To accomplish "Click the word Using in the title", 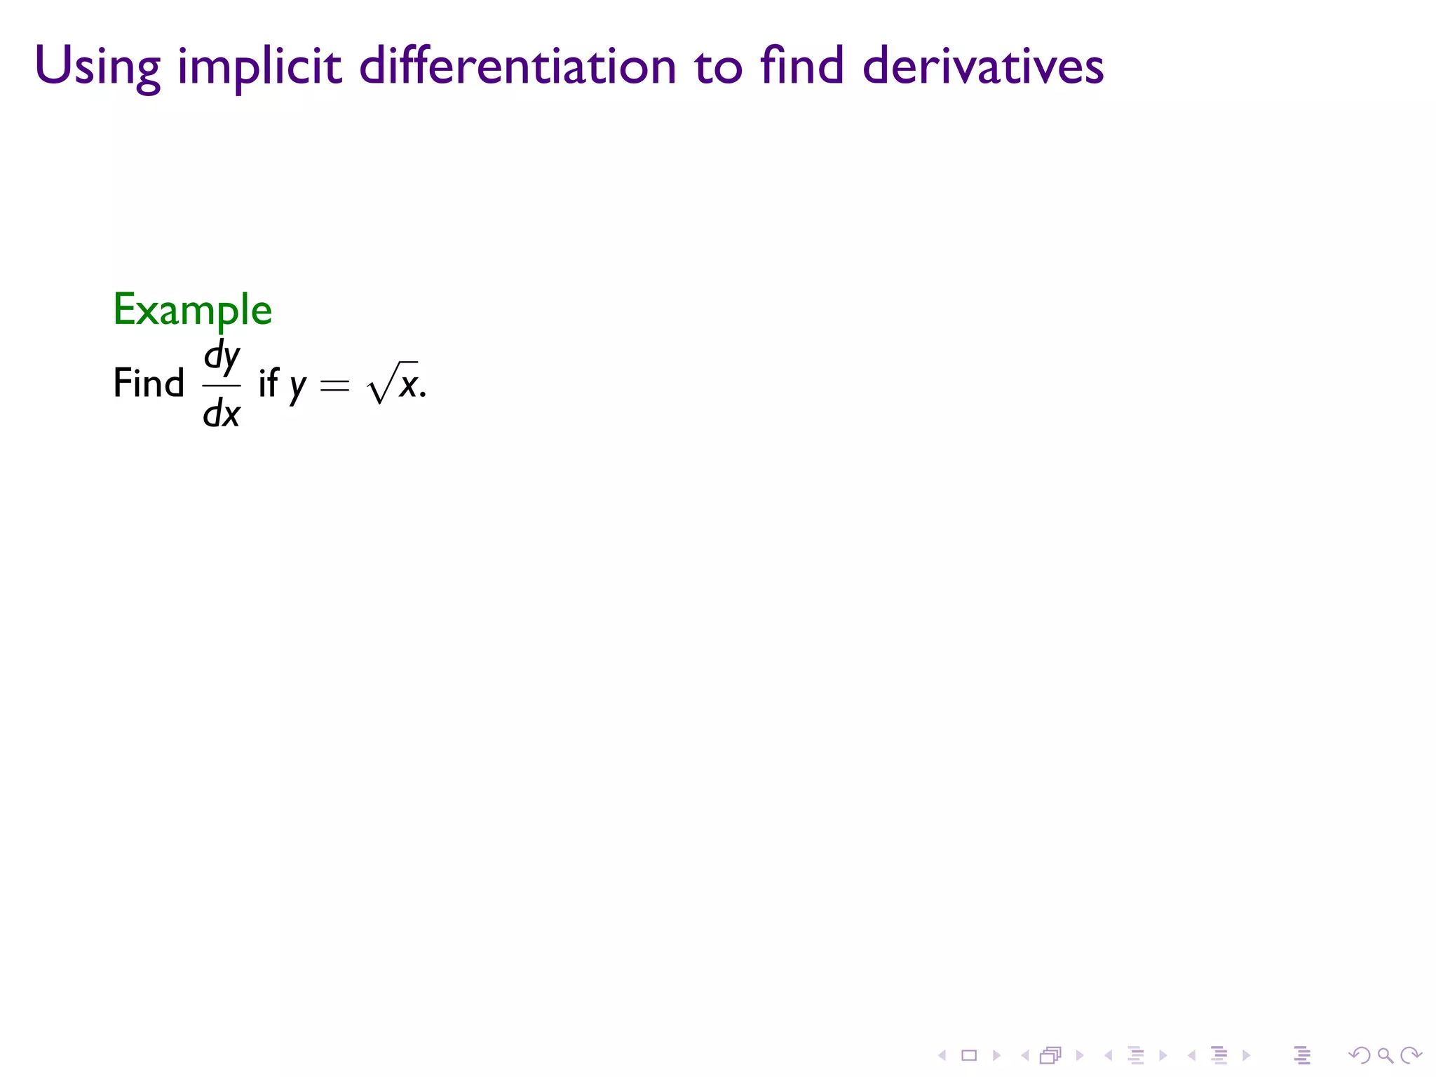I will pos(97,67).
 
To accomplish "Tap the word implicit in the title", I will pos(259,67).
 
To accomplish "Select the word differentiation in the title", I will pos(517,66).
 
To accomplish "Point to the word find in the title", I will pos(801,66).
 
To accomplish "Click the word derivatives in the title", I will pos(983,66).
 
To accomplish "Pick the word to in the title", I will pos(718,67).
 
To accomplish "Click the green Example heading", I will pos(193,310).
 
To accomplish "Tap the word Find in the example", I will pos(149,384).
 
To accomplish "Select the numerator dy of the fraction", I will pos(222,357).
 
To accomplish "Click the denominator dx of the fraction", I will pos(222,413).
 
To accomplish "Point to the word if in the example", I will pos(269,384).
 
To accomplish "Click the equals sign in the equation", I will pos(334,385).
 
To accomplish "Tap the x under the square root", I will pos(408,385).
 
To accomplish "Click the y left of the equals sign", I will pos(298,386).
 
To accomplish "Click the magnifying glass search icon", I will pos(1385,1055).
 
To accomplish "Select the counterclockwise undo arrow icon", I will pos(1359,1055).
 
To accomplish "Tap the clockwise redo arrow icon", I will pos(1411,1055).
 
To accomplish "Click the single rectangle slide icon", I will pos(969,1055).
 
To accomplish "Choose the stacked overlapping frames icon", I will pos(1050,1055).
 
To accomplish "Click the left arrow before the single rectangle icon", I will pos(942,1055).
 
